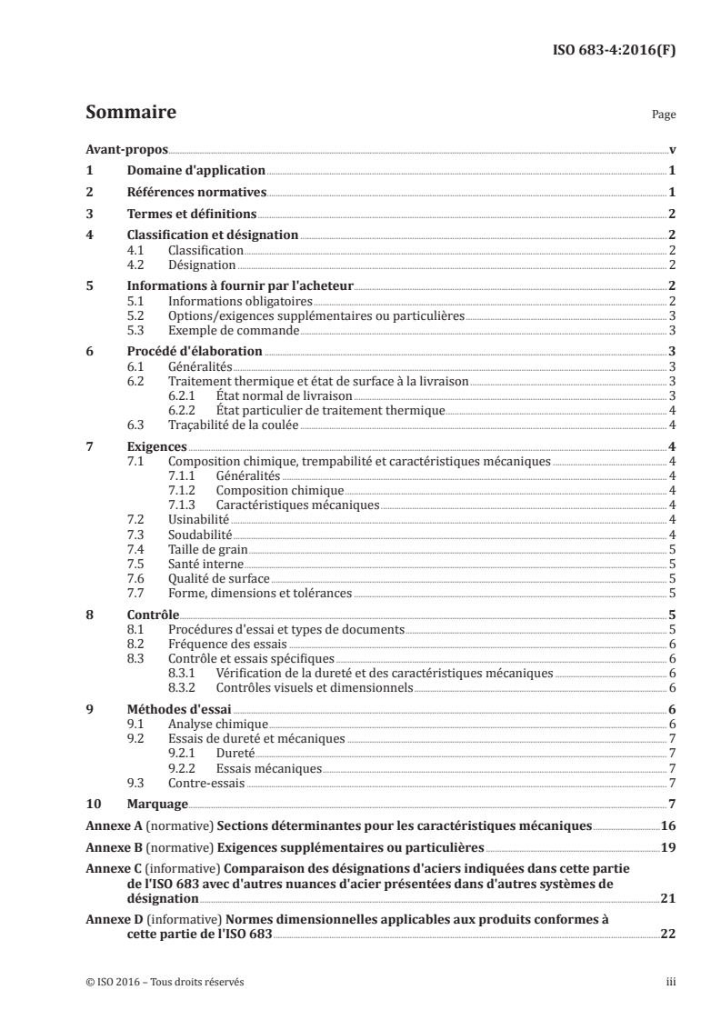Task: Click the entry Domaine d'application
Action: [x=195, y=170]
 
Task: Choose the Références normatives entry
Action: [x=195, y=192]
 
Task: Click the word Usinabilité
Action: [x=198, y=518]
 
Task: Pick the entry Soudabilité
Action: [x=200, y=534]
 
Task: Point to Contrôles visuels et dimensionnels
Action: [x=315, y=688]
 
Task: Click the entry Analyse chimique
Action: [x=211, y=724]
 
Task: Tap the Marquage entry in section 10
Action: [x=156, y=804]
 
